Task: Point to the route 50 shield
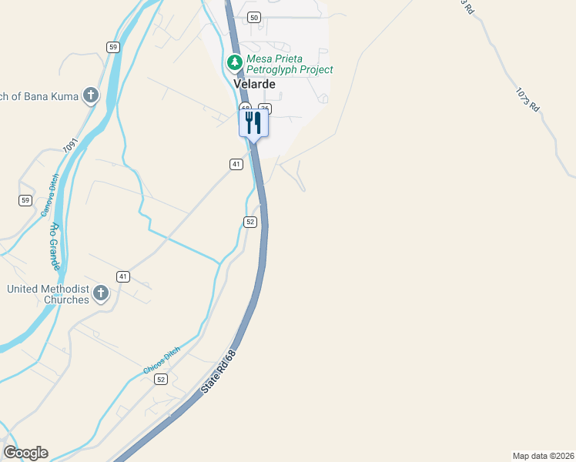(254, 17)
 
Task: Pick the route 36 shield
(265, 109)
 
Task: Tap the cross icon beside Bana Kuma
(91, 95)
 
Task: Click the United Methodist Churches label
(48, 294)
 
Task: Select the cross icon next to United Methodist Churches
(100, 293)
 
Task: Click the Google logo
(25, 453)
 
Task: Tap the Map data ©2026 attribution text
(543, 455)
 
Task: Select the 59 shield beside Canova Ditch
(25, 200)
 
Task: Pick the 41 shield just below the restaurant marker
(236, 164)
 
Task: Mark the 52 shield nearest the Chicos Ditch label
(161, 380)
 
